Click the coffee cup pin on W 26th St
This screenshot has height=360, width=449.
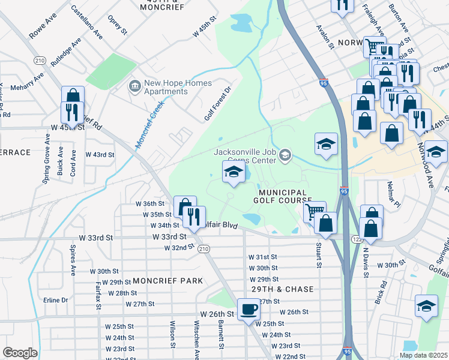(x=249, y=310)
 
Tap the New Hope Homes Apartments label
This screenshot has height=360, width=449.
(x=160, y=87)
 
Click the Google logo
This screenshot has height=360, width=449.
(x=19, y=353)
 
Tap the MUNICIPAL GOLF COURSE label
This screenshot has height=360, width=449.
(x=285, y=195)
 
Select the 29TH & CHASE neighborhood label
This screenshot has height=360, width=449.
(x=282, y=289)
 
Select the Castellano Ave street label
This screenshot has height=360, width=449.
(x=86, y=22)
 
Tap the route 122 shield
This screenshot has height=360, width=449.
(x=356, y=239)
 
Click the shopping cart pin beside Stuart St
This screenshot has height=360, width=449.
(x=315, y=212)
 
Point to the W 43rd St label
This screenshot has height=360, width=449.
(x=100, y=155)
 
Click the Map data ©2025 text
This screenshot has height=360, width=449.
(x=423, y=355)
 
